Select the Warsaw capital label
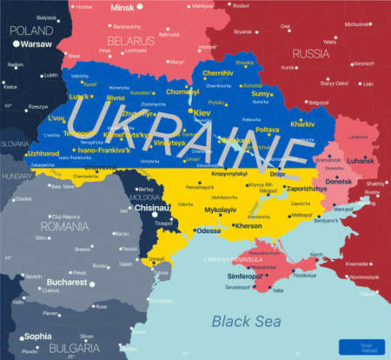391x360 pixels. [36, 42]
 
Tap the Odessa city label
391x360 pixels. [209, 230]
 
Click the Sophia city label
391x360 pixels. [37, 336]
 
